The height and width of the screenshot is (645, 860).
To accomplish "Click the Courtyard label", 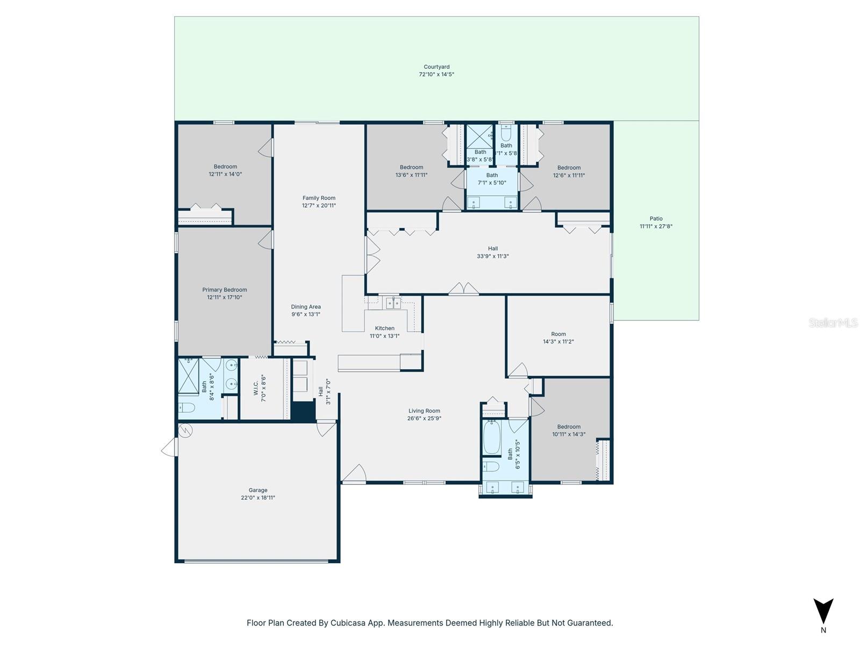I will pos(436,67).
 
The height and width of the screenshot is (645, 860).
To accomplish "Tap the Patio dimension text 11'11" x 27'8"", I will pos(656,226).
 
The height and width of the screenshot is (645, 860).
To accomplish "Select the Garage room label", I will pos(258,490).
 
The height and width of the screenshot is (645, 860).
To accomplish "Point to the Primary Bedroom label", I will pos(225,290).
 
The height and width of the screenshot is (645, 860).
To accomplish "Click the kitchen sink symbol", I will pos(393,303).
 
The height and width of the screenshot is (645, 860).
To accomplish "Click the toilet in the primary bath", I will pos(187,407).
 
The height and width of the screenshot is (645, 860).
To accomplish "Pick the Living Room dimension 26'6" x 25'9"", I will pos(424,418).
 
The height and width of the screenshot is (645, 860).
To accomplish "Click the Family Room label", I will pos(319,198).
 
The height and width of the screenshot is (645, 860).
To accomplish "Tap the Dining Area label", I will pos(306,307).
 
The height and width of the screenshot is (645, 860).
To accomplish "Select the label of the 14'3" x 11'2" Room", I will pos(558,334).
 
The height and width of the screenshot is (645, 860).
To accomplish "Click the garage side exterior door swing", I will pos(169,447).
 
